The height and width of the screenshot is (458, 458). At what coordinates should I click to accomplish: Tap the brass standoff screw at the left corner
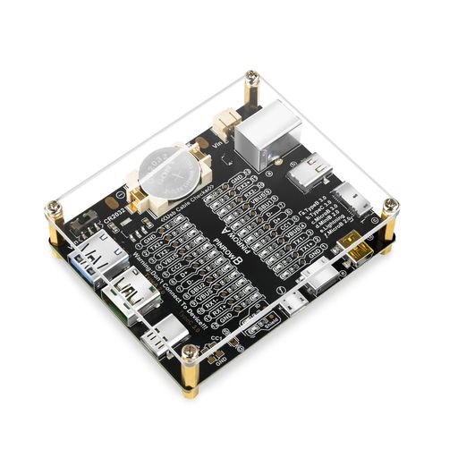54,214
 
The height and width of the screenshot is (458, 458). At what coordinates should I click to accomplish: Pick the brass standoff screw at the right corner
390,208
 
